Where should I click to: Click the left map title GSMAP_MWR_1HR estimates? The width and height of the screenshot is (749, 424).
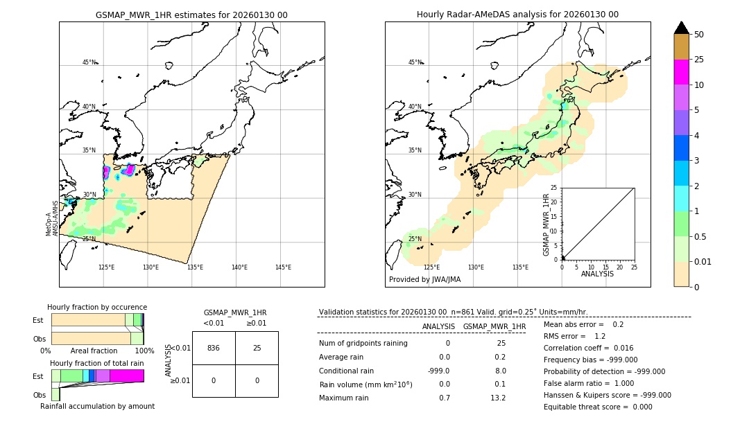(191, 15)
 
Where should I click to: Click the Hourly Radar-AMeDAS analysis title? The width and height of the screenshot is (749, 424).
(517, 15)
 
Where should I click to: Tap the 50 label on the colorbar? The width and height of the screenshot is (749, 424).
(699, 35)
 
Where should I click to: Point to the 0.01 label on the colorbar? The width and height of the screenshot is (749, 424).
(703, 261)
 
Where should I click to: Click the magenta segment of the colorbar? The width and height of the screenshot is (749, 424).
(681, 72)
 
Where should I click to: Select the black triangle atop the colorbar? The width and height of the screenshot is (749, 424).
(681, 28)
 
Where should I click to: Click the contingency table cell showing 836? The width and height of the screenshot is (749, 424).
(214, 348)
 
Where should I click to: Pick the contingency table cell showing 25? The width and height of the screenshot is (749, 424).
(257, 348)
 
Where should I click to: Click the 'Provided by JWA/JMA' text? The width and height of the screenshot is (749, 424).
(424, 279)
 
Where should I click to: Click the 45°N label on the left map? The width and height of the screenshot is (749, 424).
(89, 62)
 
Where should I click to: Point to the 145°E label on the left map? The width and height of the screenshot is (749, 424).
(283, 267)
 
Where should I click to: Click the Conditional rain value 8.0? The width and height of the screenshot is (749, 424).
(500, 371)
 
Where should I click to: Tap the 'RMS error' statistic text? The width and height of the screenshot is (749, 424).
(565, 336)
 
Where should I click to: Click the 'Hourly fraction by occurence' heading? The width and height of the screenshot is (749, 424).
(97, 307)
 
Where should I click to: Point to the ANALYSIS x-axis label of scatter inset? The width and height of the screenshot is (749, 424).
(597, 274)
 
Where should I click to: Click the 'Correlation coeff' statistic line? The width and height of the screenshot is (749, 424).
(585, 348)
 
